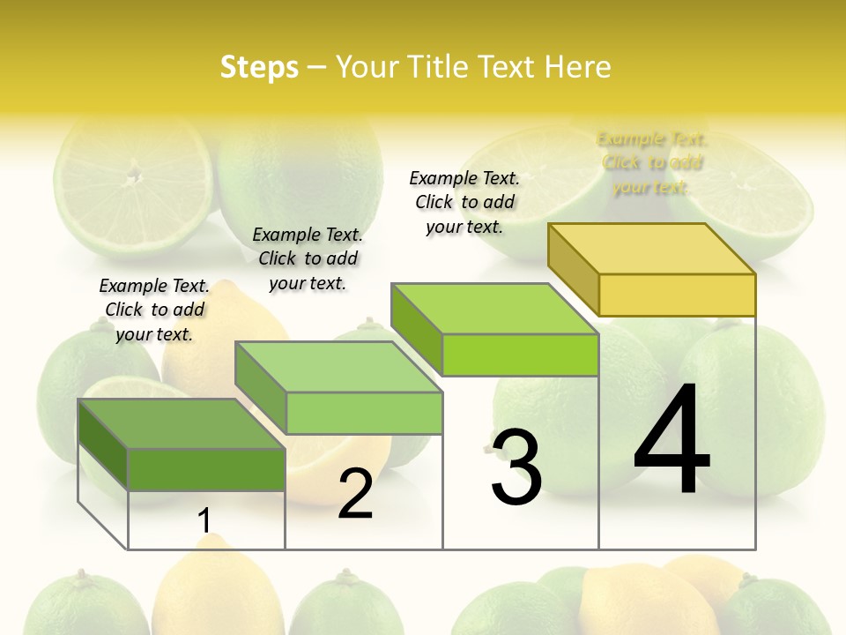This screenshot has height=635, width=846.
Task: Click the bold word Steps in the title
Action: [x=259, y=67]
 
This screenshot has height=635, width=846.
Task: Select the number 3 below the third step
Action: [x=516, y=467]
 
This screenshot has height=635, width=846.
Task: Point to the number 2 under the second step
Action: [x=355, y=494]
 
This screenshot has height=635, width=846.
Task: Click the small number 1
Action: [x=204, y=521]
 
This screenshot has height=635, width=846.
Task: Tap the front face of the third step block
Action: [x=520, y=355]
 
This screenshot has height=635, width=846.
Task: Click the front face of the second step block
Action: [x=364, y=413]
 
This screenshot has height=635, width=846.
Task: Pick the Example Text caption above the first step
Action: [x=154, y=310]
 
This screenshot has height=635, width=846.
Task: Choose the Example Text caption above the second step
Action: [x=308, y=258]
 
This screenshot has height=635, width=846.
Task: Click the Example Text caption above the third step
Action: [x=464, y=202]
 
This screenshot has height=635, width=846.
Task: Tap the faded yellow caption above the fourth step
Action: [x=651, y=162]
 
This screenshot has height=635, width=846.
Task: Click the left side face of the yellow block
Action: [x=573, y=268]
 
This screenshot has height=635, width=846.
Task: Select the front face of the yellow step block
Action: [x=677, y=295]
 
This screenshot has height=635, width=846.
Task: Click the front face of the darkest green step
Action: [x=206, y=469]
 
